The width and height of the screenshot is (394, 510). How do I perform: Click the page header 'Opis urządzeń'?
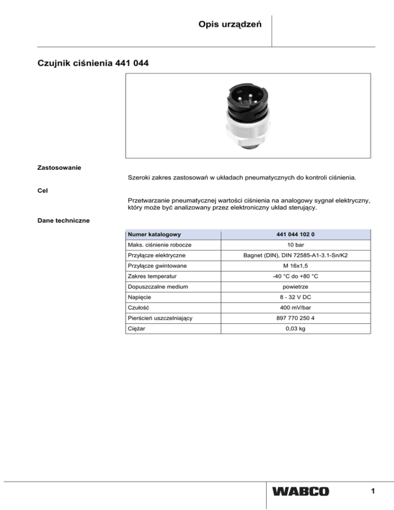coord(231,25)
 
